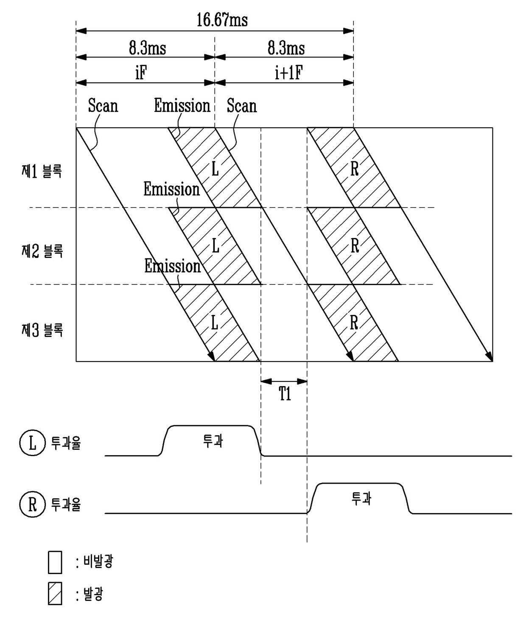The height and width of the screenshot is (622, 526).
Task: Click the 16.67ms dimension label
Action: (222, 20)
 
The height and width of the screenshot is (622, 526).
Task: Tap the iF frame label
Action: (141, 73)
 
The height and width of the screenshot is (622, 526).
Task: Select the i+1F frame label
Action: (288, 73)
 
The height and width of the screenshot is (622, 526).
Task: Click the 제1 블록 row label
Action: (42, 172)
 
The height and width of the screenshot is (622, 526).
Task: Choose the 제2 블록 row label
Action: (42, 251)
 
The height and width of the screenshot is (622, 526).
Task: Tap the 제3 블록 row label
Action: (42, 330)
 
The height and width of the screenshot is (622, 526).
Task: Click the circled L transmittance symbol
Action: (33, 443)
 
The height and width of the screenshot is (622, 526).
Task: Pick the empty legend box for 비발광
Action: (55, 563)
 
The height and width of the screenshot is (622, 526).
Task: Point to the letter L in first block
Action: (215, 169)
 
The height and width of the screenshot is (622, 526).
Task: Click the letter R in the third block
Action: (354, 323)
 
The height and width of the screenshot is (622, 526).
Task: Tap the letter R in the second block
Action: (355, 246)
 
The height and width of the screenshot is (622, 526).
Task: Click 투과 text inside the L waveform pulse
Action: (213, 441)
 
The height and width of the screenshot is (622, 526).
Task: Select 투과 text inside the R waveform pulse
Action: (361, 499)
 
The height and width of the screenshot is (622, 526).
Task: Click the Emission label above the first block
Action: (182, 106)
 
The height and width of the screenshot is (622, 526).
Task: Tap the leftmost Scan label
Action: (103, 106)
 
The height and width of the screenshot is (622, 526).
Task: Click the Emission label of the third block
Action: (172, 266)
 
